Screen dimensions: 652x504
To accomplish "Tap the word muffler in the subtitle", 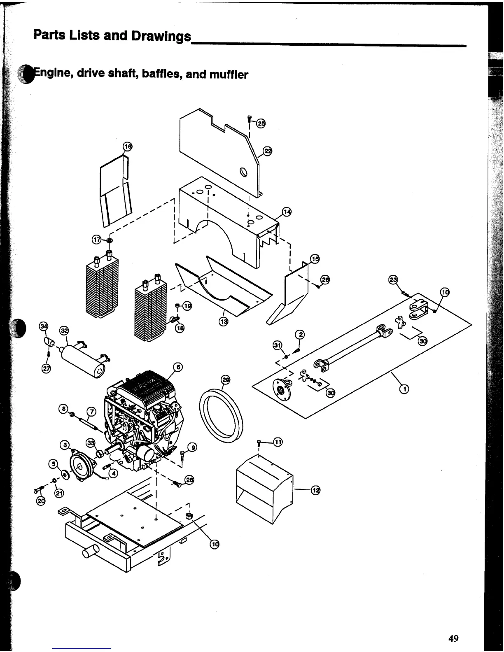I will [x=229, y=75].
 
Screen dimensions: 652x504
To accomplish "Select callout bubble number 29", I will [x=226, y=380].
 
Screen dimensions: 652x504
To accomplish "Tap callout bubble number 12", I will [x=316, y=490].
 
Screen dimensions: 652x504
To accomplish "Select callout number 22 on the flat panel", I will [x=268, y=151].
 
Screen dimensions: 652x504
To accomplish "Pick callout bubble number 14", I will [x=287, y=212].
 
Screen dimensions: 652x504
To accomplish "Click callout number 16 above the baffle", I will [x=128, y=147].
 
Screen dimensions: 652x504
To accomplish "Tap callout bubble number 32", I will [x=64, y=331].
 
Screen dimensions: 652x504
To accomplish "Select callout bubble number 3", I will [x=64, y=445].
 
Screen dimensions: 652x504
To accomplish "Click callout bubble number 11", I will [x=278, y=442].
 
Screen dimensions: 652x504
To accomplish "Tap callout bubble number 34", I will [x=43, y=327].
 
